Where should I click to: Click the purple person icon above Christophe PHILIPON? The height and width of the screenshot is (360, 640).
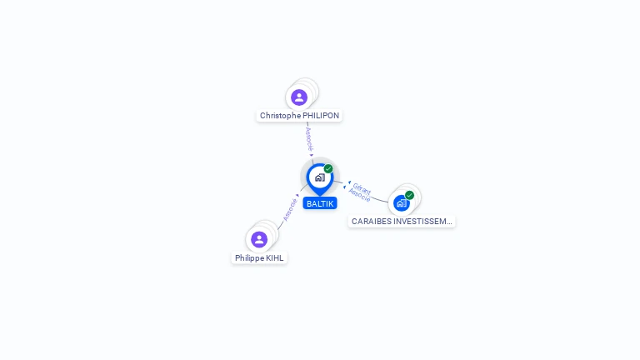[x=299, y=97]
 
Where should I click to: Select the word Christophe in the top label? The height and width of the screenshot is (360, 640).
[x=279, y=116]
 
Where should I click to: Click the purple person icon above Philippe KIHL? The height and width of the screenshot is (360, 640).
[x=259, y=240]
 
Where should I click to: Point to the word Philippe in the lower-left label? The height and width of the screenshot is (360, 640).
[x=249, y=258]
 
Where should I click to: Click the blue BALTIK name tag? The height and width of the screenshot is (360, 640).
[x=320, y=203]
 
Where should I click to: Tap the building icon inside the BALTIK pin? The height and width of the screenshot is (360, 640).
[x=319, y=177]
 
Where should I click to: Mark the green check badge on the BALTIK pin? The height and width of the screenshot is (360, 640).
[x=328, y=169]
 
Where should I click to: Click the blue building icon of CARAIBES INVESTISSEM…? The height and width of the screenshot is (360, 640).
[x=401, y=203]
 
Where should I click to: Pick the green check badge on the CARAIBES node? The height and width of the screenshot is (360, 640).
[x=409, y=195]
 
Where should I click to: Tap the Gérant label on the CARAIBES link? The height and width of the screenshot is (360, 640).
[x=362, y=189]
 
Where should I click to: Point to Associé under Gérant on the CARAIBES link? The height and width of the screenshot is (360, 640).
[x=359, y=196]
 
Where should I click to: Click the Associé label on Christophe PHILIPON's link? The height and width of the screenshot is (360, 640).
[x=309, y=137]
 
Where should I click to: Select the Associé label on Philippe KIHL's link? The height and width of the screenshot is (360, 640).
[x=290, y=209]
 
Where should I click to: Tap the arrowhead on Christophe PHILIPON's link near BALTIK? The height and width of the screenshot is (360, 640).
[x=312, y=154]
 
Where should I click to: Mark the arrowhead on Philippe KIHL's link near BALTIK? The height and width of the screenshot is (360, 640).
[x=298, y=196]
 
